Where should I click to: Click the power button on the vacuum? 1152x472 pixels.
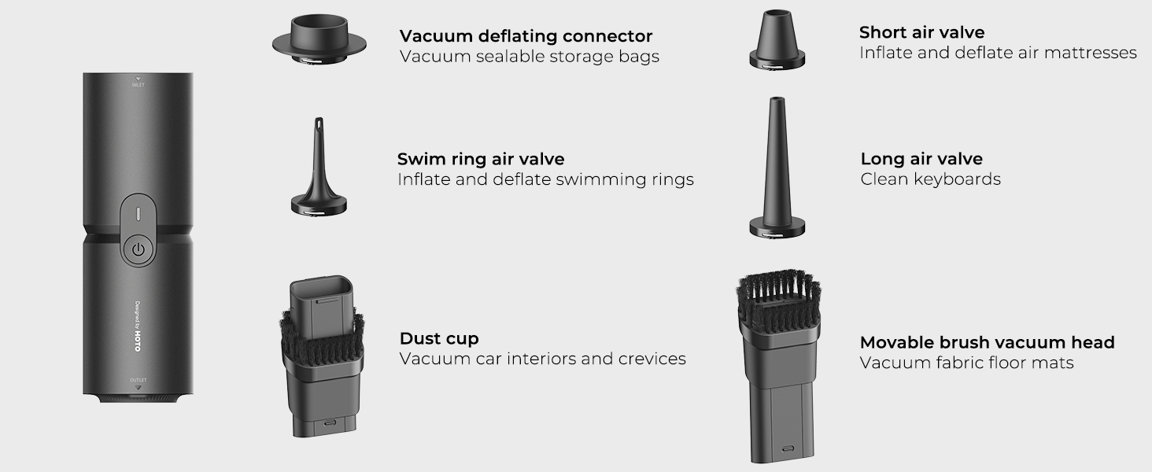(x=138, y=249)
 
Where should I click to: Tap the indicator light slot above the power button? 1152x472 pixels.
(x=138, y=214)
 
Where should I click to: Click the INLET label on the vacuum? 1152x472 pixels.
(x=138, y=85)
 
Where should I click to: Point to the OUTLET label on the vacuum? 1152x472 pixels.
(x=138, y=380)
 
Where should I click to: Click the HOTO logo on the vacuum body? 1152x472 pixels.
(x=138, y=341)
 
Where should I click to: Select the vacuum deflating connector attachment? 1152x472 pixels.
(x=319, y=39)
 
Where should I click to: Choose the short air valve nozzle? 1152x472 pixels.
(x=777, y=39)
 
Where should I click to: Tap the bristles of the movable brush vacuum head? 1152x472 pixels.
(x=778, y=301)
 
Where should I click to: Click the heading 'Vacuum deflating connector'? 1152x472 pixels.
(x=526, y=36)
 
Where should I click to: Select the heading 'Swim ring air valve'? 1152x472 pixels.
(x=481, y=159)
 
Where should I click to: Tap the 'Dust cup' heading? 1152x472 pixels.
(x=439, y=338)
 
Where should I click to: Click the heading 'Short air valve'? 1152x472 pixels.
(x=921, y=32)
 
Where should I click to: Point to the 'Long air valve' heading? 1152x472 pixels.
(x=921, y=159)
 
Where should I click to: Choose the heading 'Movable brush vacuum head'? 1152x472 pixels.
(x=988, y=342)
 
